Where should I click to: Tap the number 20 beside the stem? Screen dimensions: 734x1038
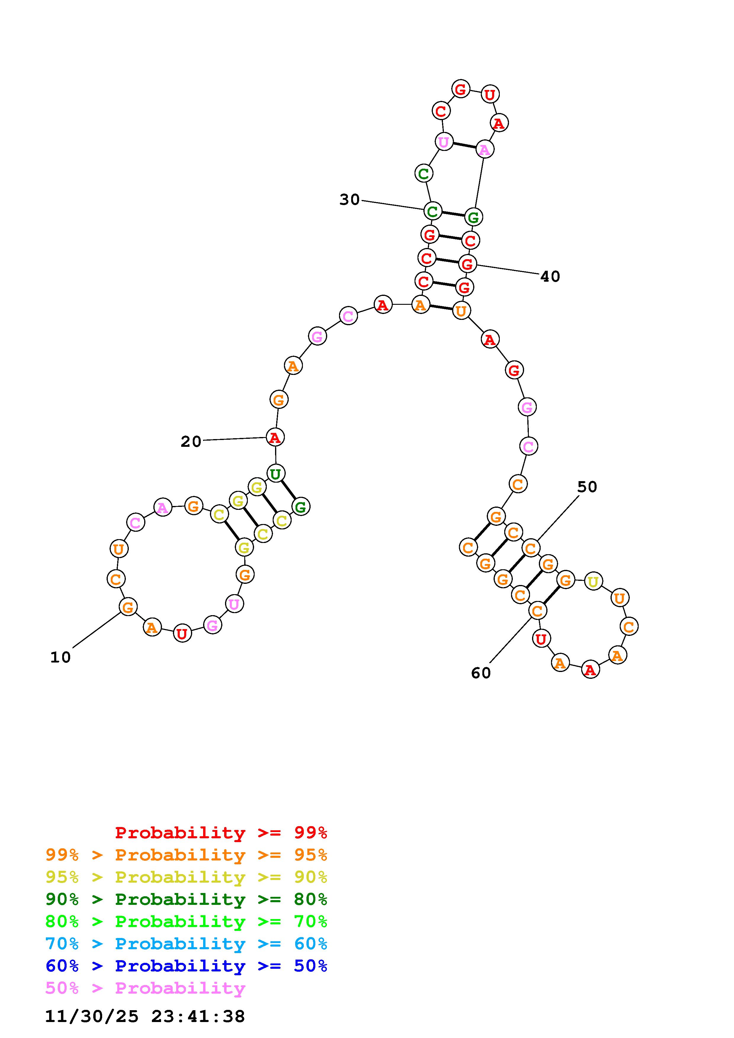[x=191, y=442]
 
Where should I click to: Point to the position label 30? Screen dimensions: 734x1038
[x=350, y=199]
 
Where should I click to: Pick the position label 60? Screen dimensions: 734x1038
[x=481, y=673]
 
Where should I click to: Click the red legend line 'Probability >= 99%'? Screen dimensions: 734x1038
[x=221, y=833]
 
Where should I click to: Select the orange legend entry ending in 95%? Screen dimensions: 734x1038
[x=186, y=855]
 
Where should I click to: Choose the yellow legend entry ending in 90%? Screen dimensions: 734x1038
[x=186, y=877]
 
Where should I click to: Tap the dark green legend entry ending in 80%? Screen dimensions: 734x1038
[x=186, y=899]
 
